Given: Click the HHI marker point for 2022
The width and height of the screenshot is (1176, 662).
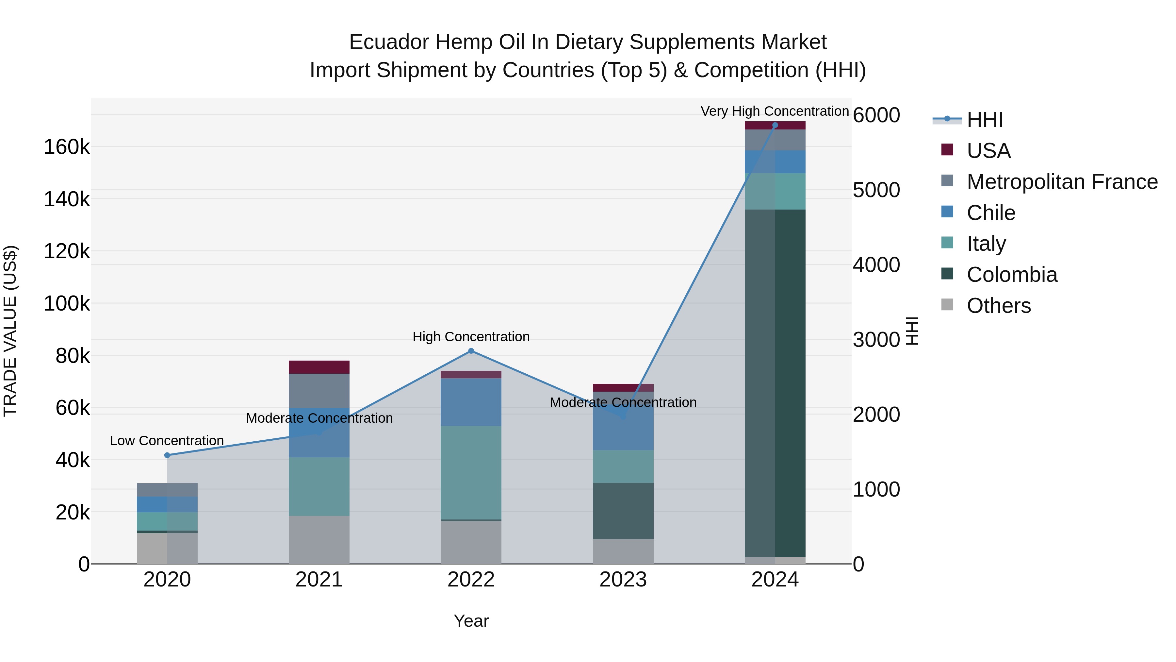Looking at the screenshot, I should click(471, 351).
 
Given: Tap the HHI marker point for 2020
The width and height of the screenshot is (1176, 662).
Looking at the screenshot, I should click(167, 455).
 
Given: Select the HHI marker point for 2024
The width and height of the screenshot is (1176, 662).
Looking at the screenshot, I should click(775, 125).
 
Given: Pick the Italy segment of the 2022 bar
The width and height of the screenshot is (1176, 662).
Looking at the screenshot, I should click(471, 472).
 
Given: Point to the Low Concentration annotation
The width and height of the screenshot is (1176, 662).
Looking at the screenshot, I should click(167, 440).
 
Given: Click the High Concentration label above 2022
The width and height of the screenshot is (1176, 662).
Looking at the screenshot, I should click(471, 337).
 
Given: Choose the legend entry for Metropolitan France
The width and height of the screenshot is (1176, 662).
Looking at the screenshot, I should click(1062, 182).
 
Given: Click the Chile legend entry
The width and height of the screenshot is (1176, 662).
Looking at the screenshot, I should click(991, 213).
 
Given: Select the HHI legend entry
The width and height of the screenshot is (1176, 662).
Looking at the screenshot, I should click(985, 120).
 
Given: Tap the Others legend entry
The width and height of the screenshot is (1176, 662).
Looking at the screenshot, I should click(998, 306).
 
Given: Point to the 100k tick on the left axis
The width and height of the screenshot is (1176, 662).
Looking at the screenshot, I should click(67, 303).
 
